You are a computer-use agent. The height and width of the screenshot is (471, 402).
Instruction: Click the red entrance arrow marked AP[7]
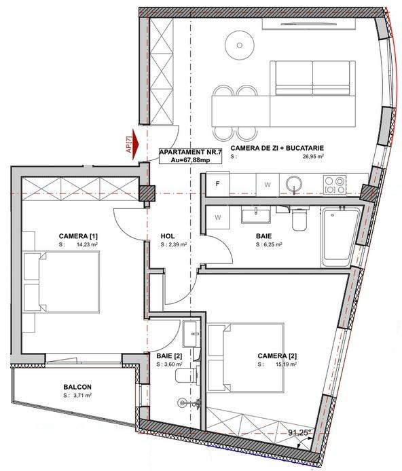[x=136, y=141]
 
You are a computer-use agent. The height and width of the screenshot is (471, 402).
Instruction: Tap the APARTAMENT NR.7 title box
[x=191, y=156]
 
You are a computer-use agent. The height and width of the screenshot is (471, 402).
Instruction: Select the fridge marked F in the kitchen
[x=218, y=184]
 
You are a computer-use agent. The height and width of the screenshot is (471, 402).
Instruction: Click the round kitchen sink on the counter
[x=294, y=183]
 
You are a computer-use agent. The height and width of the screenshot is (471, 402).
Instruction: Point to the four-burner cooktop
[x=335, y=185]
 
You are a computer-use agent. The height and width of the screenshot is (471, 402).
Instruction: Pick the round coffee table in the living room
[x=240, y=45]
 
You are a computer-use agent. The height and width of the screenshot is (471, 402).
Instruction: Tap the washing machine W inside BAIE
[x=218, y=217]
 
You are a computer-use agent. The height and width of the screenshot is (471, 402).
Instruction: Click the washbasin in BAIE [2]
[x=190, y=334]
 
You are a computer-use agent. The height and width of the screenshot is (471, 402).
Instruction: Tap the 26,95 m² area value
[x=313, y=156]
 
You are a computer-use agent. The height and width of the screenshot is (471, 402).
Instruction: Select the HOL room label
[x=168, y=236]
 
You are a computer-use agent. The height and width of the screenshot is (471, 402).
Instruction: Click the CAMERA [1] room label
[x=78, y=236]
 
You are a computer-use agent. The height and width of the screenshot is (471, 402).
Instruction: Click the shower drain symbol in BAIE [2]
[x=182, y=402]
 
